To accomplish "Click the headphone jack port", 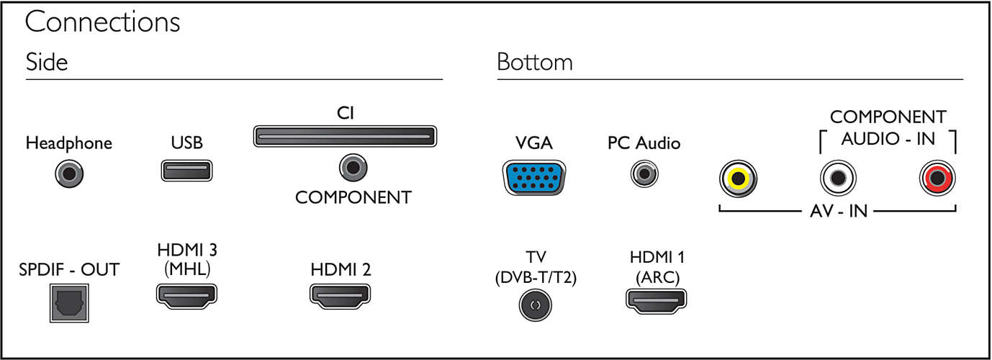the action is tap(69, 174).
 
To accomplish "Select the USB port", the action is tap(186, 171).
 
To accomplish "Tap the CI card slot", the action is tap(345, 136).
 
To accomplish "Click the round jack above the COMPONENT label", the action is tap(353, 168).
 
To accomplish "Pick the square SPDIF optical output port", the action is tap(69, 303).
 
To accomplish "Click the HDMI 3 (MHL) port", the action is tap(186, 296).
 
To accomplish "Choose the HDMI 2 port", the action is tap(340, 296).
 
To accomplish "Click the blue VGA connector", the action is tap(534, 178).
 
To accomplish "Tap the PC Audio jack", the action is tap(644, 174).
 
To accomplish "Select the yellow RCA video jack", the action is tap(738, 179).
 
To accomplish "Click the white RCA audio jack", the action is tap(838, 178).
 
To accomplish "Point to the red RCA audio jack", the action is tap(937, 178).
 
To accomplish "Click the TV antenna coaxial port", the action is tap(536, 305).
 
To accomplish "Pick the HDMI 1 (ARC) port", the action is tap(657, 301).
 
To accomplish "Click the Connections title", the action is tap(102, 22).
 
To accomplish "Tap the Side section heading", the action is tap(47, 61).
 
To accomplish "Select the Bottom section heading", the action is tap(535, 62).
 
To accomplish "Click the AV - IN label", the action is tap(839, 211).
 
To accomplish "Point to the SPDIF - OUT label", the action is tap(69, 269).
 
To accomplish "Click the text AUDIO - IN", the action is tap(888, 138).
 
